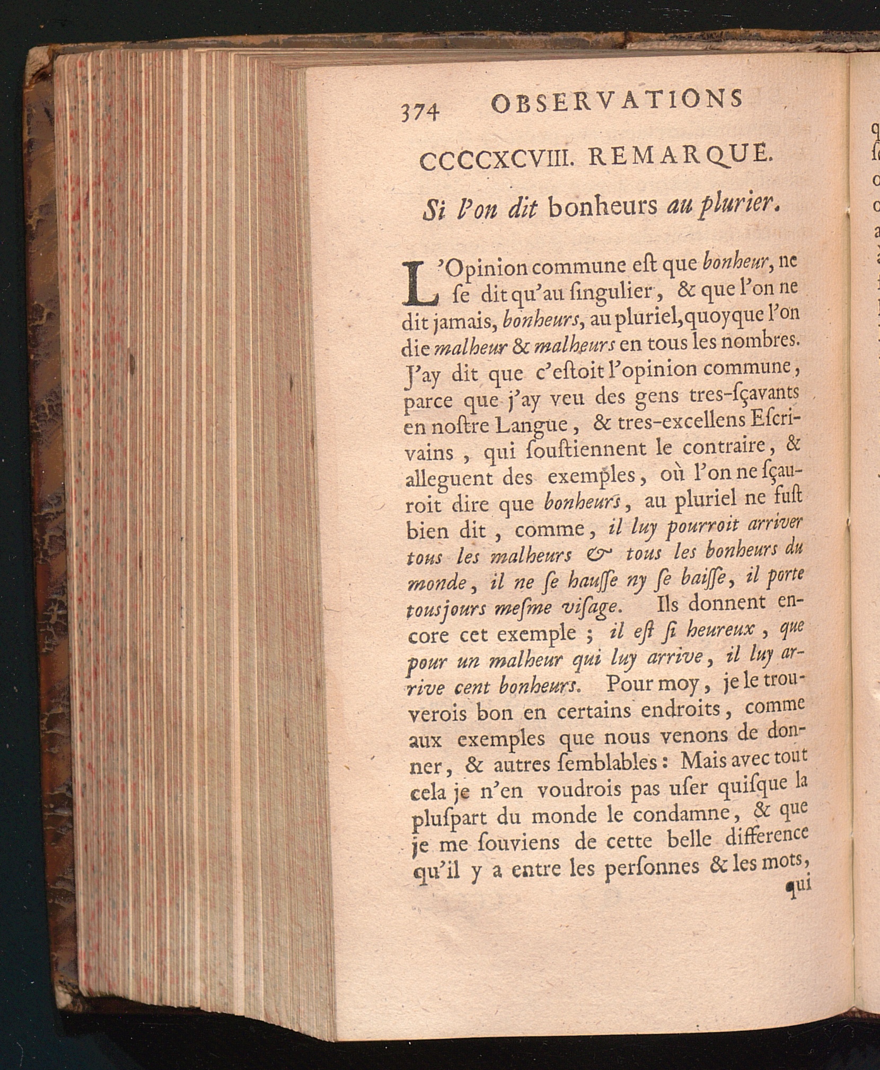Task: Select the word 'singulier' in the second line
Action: tap(597, 292)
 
